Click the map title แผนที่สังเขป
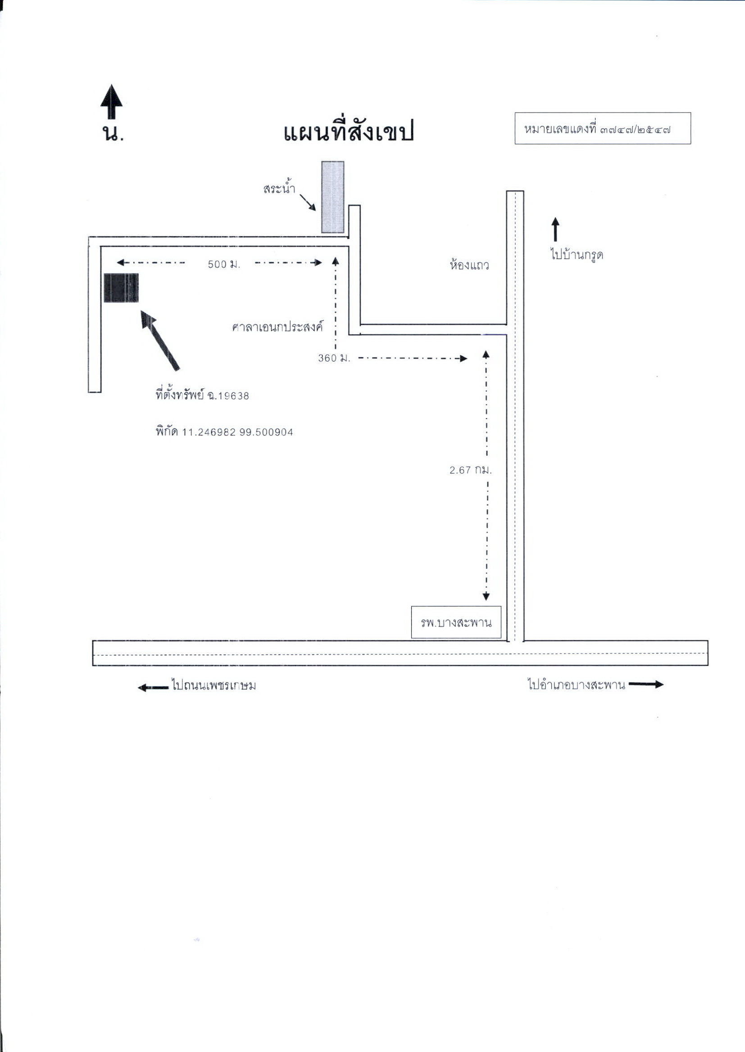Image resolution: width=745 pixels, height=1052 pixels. [349, 132]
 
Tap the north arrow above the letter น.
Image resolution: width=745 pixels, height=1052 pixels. [111, 101]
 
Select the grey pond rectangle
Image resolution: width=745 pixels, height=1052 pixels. [332, 197]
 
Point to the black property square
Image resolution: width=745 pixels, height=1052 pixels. [121, 287]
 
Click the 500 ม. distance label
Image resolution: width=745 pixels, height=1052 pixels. [224, 265]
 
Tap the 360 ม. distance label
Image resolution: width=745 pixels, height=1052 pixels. [334, 358]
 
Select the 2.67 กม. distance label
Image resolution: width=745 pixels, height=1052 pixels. [471, 470]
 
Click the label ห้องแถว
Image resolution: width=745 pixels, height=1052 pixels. [469, 265]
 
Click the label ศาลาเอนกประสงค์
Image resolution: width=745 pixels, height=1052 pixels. [277, 327]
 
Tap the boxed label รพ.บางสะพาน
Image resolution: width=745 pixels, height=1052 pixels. [456, 622]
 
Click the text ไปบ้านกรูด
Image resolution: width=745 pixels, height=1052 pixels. [577, 254]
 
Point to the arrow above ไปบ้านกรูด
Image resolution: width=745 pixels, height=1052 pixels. [555, 229]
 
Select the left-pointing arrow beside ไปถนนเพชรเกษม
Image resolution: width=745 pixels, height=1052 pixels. [154, 687]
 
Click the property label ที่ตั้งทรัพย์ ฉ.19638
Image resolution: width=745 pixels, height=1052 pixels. [202, 395]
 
